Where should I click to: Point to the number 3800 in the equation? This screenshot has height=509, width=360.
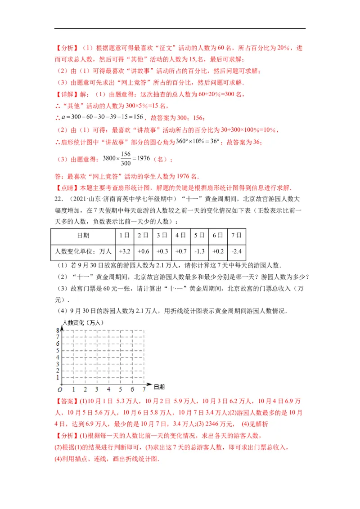[x=110, y=158]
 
